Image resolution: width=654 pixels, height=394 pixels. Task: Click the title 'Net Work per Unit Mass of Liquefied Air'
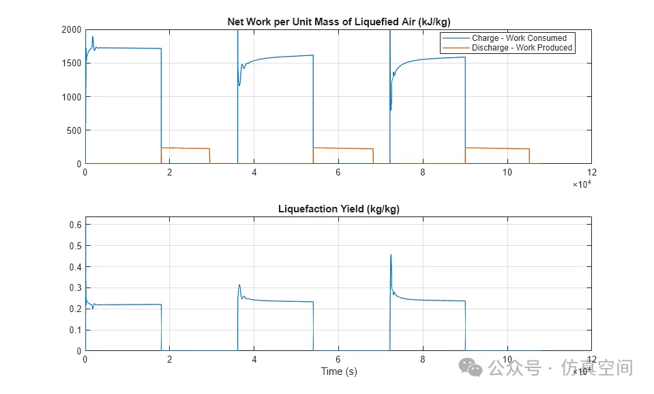(338, 22)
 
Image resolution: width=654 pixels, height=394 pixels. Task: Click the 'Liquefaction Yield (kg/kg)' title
(338, 209)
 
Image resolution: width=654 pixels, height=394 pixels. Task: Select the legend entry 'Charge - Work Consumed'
(518, 38)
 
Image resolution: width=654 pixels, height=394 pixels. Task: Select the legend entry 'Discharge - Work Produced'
(522, 48)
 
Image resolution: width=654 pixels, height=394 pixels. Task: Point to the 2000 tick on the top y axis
(72, 29)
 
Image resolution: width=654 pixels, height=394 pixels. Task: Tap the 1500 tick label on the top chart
(72, 64)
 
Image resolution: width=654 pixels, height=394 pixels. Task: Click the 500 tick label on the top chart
(74, 130)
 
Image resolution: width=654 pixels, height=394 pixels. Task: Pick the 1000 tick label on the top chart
(72, 97)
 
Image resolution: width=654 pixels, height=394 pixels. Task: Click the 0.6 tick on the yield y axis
(76, 225)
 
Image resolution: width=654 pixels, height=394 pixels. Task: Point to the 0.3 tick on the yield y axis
(76, 287)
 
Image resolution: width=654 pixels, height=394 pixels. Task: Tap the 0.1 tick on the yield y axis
(76, 330)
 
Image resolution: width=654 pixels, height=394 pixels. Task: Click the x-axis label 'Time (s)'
(339, 371)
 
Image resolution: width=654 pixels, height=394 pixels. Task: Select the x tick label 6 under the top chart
(338, 173)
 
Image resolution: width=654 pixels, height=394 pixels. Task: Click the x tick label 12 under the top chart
(591, 173)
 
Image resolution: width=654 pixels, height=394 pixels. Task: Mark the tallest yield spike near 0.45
(391, 255)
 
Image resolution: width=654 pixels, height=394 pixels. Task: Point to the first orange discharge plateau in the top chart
(185, 148)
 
